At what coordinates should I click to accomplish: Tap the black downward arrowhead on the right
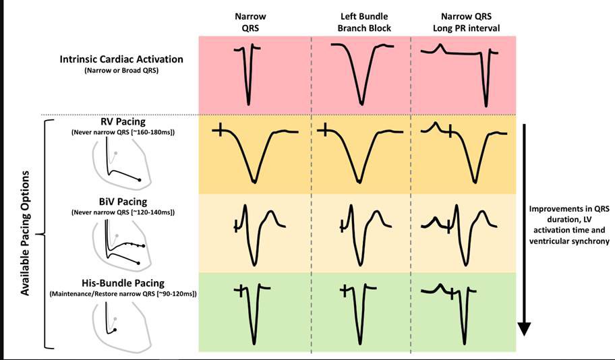coord(526,328)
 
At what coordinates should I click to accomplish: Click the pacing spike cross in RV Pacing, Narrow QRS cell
coord(218,130)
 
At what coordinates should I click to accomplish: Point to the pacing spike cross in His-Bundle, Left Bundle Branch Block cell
coord(344,291)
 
